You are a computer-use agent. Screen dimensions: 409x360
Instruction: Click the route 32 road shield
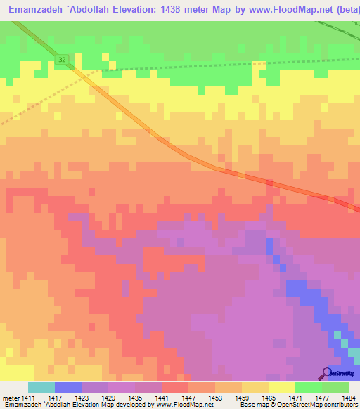(x=63, y=60)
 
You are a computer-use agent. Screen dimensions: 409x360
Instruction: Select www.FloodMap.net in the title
(x=288, y=9)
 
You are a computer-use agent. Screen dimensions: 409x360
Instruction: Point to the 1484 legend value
(x=347, y=398)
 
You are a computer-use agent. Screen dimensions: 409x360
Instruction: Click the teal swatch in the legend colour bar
(x=41, y=387)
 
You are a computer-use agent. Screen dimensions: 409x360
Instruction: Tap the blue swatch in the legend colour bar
(x=68, y=387)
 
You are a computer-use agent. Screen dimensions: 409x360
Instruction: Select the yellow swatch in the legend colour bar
(x=281, y=387)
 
